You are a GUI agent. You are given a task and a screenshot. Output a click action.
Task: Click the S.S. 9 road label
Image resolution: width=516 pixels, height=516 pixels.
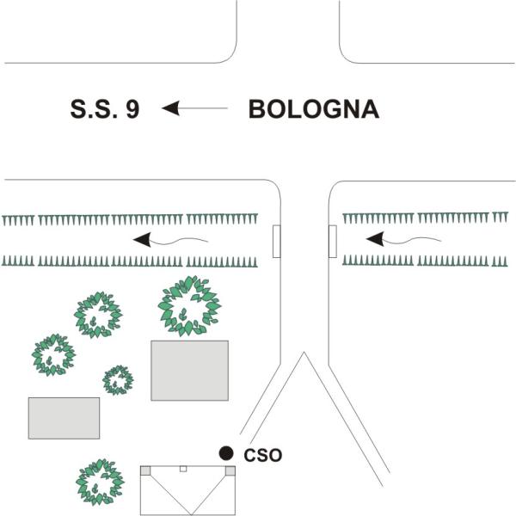click(104, 110)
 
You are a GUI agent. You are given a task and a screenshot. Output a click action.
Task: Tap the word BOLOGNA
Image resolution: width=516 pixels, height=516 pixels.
click(313, 110)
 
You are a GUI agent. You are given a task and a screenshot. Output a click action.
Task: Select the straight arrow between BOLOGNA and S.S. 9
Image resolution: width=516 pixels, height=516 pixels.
click(195, 108)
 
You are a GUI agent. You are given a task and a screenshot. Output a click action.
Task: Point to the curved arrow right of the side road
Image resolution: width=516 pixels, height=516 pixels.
click(402, 237)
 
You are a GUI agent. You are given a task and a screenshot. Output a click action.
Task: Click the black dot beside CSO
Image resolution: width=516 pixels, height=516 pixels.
click(226, 453)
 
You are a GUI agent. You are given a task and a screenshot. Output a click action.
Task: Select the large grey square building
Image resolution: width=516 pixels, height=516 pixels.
click(189, 370)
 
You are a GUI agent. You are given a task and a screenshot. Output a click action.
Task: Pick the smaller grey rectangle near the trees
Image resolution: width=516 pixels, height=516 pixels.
click(64, 417)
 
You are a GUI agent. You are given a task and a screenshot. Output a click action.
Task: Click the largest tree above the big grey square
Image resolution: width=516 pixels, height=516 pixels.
click(189, 305)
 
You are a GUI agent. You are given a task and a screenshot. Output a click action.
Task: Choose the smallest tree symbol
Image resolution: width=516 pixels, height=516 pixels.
click(118, 378)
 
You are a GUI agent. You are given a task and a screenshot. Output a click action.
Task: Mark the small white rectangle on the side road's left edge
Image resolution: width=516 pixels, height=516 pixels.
click(276, 241)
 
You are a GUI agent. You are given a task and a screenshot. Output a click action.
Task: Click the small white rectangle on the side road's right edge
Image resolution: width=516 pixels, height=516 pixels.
click(332, 241)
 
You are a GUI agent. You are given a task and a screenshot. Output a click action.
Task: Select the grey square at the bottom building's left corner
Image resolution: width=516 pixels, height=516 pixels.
click(145, 470)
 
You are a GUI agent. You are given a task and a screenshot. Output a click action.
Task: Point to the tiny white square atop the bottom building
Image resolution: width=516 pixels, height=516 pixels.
click(182, 469)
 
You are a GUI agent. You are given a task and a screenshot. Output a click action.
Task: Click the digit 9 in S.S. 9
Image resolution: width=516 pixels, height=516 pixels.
click(132, 110)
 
